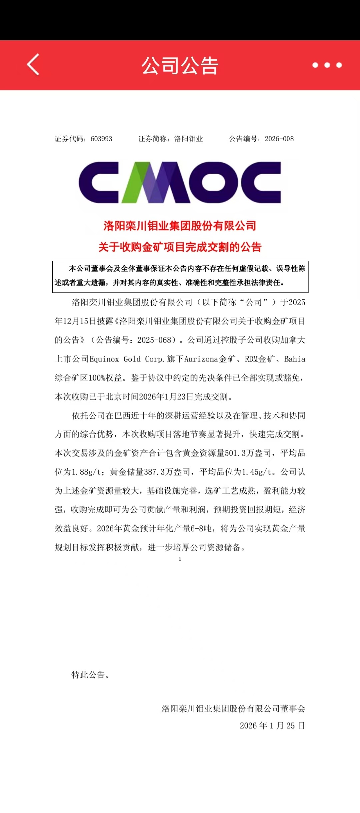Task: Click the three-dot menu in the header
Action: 327,65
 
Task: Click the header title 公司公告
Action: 180,65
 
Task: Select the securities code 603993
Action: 101,139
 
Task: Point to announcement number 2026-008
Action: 279,139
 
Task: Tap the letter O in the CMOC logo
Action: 213,183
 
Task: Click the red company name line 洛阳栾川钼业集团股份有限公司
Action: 180,226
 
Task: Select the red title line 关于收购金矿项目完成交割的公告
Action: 180,247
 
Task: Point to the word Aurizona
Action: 201,359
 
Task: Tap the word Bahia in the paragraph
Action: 295,359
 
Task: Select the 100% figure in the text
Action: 97,378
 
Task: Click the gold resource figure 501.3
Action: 235,453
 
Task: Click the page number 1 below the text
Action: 180,559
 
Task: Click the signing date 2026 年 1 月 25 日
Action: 272,726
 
